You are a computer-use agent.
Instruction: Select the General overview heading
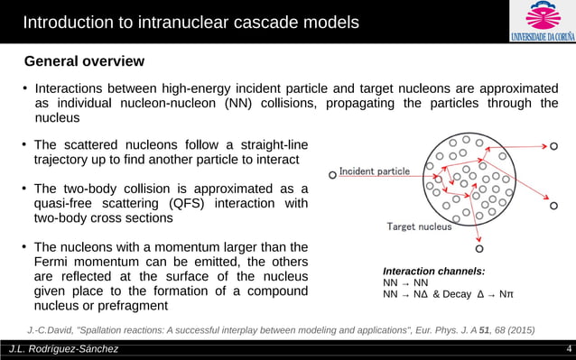84,61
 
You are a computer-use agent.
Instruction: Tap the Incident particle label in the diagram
375,171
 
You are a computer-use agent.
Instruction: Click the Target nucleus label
419,226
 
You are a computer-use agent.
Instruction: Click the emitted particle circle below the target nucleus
479,248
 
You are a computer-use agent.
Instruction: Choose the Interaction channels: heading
433,271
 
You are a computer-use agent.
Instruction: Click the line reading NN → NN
405,282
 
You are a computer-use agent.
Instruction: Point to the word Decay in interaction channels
452,294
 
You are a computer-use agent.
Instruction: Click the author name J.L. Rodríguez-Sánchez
63,349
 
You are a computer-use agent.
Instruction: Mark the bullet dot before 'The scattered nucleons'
25,145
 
